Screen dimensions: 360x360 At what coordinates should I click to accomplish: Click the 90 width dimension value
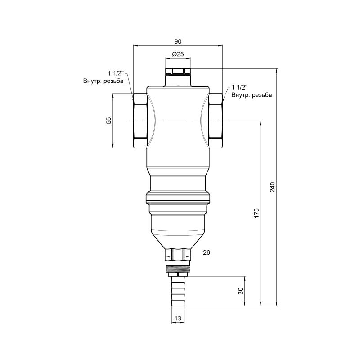tap(178, 41)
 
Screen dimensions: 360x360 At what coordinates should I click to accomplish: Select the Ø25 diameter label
tap(178, 54)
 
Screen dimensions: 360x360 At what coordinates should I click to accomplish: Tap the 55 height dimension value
tap(108, 121)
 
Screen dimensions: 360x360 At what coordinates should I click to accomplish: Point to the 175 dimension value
tap(256, 213)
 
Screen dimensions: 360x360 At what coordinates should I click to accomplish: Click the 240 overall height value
tap(272, 187)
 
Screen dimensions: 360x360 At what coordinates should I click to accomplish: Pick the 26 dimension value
tap(206, 252)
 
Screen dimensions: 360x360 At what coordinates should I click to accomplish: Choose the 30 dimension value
tap(240, 291)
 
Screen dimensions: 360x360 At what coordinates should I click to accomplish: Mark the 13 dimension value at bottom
tap(178, 319)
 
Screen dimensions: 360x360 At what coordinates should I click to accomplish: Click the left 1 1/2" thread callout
tap(115, 73)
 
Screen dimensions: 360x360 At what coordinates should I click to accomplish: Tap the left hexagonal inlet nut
tap(140, 121)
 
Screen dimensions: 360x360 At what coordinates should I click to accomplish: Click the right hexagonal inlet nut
tap(216, 121)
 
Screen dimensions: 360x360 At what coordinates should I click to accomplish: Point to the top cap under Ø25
tap(178, 72)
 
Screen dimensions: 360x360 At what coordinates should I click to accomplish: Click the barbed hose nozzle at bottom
tap(178, 292)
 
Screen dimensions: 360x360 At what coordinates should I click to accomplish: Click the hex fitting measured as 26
tap(178, 254)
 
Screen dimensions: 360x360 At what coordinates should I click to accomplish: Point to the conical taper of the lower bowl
tap(178, 238)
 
